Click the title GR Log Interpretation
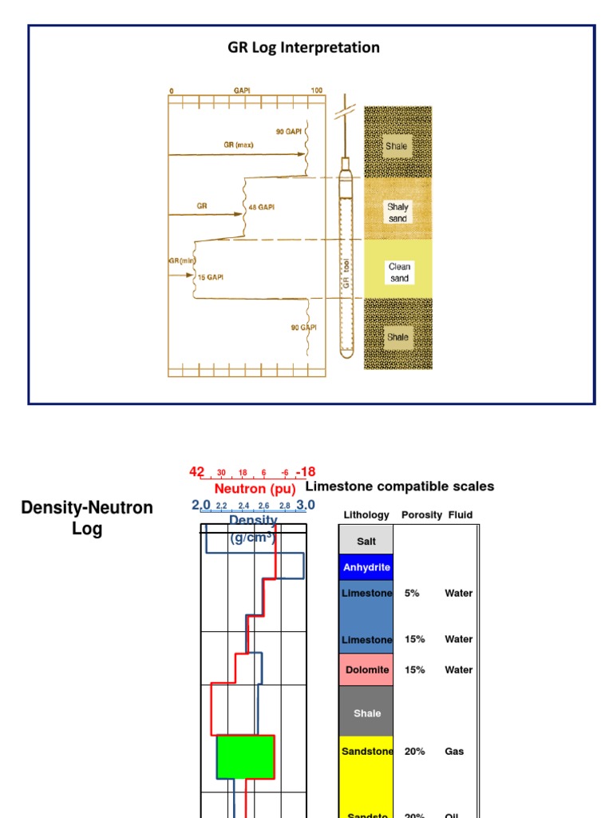coord(303,48)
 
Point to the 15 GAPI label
coord(211,276)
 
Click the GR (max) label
coord(239,146)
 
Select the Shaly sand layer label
coord(397,212)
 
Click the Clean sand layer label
coord(398,272)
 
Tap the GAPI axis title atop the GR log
coord(242,90)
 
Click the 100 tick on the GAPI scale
coord(316,90)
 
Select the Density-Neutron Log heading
coord(86,518)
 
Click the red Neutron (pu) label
coord(255,488)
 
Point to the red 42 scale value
coord(196,472)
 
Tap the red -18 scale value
coord(306,472)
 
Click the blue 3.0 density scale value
coord(306,505)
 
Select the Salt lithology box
coord(366,541)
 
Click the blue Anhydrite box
coord(366,567)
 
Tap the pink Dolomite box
coord(366,669)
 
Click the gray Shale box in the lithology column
coord(366,713)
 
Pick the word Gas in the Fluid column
coord(454,751)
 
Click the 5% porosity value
coord(412,594)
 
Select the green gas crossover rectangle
coord(246,756)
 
